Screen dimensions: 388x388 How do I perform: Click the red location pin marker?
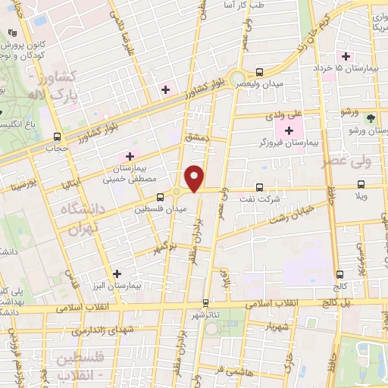point(195,177)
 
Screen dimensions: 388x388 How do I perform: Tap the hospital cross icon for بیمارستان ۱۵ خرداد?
point(346,57)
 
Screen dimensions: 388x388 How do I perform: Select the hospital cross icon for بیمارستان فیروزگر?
point(289,131)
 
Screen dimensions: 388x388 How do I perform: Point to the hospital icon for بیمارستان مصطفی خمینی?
point(130,157)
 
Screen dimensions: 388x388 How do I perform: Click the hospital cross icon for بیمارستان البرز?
point(116,274)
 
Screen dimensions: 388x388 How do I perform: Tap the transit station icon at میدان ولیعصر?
point(260,72)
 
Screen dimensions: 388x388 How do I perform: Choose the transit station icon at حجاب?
point(58,136)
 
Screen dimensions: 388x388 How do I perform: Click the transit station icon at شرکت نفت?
point(260,186)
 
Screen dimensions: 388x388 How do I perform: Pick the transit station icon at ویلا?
point(362,186)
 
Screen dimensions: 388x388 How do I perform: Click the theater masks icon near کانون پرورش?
point(11,33)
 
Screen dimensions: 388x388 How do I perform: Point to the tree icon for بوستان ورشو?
point(371,118)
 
